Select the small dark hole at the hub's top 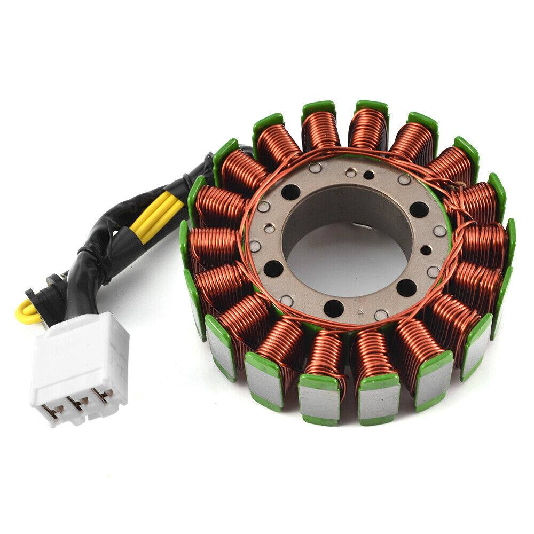click(369, 174)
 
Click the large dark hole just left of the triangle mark click(333, 308)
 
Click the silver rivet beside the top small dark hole click(350, 172)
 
